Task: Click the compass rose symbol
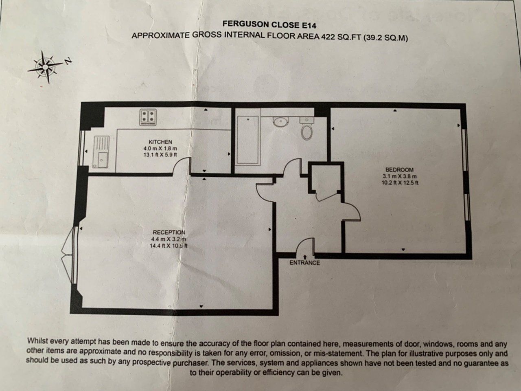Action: click(45, 67)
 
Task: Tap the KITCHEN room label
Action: click(160, 142)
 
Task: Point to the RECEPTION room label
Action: click(169, 232)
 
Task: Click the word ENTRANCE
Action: click(304, 263)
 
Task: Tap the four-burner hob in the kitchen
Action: click(148, 117)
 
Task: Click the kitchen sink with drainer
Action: click(101, 152)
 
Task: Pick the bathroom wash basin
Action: click(280, 121)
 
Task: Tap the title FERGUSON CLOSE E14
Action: click(269, 24)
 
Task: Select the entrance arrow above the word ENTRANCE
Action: click(304, 257)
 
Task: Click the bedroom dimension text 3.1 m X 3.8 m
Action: click(400, 176)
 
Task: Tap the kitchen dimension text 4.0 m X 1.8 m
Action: click(160, 149)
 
